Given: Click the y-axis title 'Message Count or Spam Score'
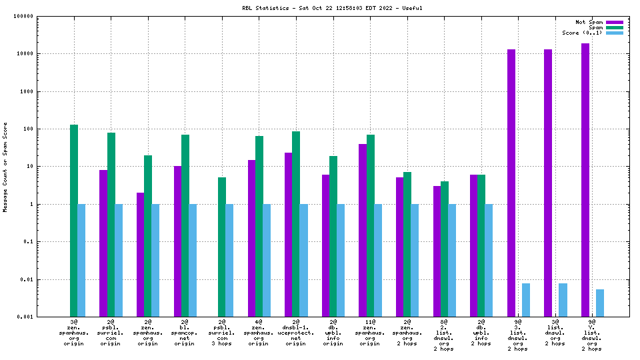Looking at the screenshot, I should coord(5,167).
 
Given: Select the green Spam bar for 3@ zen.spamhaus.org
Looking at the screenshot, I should coord(74,220).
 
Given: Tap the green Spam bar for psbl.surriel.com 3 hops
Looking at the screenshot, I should coord(222,247).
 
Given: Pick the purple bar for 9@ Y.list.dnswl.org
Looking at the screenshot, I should coord(585,180).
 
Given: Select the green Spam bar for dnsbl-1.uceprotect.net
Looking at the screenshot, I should coord(296,223).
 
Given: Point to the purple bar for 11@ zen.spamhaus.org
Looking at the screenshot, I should coord(363,230).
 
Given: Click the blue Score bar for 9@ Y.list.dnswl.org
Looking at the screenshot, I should coord(600,303).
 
